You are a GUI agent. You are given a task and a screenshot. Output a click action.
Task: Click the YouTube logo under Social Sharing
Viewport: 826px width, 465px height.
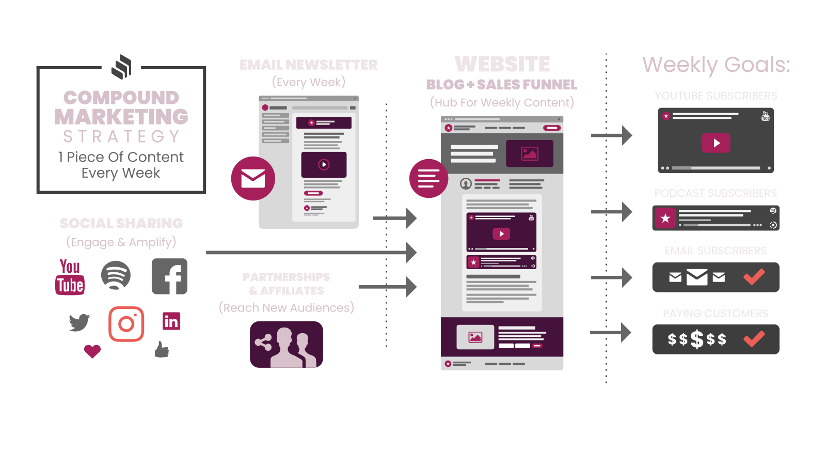point(70,277)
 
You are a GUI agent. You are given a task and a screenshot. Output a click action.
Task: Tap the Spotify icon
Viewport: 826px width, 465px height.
point(116,275)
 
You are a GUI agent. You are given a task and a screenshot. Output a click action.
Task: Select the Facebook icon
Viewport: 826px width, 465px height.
point(169,276)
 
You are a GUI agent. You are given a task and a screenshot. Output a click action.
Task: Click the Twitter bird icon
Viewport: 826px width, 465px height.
point(80,322)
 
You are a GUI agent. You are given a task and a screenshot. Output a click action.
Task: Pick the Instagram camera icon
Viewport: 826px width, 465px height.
point(126,324)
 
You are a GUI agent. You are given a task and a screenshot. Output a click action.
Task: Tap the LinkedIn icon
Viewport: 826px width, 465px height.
point(171,321)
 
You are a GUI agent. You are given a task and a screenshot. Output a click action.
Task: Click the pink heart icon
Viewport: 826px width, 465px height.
point(92,351)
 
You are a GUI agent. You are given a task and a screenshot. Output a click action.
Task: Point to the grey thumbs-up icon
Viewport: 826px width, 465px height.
point(162,350)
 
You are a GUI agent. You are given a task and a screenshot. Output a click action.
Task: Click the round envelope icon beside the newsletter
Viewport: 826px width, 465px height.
point(253,178)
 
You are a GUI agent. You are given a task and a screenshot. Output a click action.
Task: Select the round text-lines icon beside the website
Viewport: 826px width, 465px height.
point(428,178)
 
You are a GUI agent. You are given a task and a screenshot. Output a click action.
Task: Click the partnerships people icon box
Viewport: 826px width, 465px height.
point(287,344)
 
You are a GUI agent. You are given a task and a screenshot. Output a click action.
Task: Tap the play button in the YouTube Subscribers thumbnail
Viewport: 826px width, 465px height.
point(716,143)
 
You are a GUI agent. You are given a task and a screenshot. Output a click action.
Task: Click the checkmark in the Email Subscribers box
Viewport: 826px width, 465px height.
point(754,277)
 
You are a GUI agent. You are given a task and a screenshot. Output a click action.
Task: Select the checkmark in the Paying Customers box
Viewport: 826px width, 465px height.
point(754,339)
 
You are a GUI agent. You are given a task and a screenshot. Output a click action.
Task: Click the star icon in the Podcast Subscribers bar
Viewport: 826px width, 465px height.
point(665,218)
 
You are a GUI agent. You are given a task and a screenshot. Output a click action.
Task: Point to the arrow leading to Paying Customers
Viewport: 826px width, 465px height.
point(611,332)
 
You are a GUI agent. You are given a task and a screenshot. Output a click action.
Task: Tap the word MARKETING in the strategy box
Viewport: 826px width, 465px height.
point(121,117)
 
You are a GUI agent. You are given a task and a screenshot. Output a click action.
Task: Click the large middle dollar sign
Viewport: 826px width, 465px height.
point(697,339)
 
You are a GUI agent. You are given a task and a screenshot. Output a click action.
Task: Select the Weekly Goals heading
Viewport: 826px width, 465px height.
point(716,65)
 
